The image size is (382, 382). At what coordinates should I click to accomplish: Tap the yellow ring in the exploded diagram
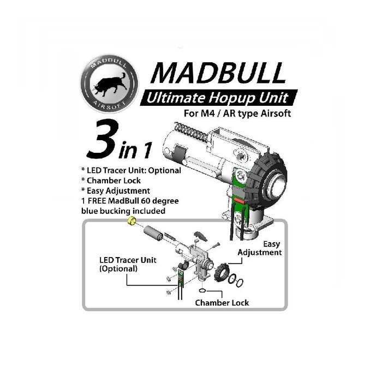130,220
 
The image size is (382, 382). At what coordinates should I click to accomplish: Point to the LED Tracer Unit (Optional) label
127,264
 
